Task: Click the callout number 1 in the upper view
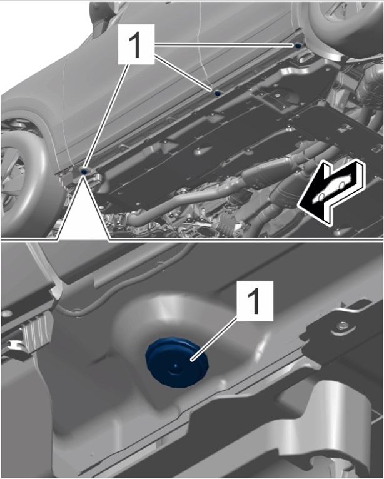tap(136, 45)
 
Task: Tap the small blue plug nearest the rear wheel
tap(297, 46)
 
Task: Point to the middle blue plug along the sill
tap(218, 93)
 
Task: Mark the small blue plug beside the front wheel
tap(84, 172)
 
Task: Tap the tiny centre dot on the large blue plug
tap(175, 365)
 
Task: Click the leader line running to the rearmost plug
tap(225, 45)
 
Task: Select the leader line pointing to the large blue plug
tap(215, 338)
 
